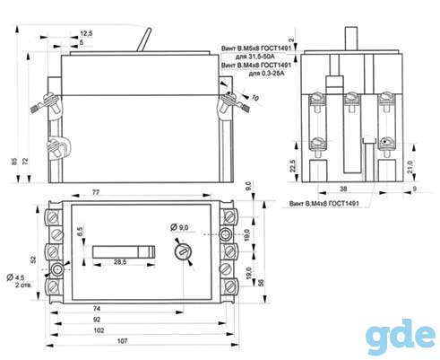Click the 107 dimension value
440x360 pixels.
click(123, 340)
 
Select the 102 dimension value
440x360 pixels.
click(99, 330)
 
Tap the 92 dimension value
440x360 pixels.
click(97, 320)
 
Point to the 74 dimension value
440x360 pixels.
click(97, 309)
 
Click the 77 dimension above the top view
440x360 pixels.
click(96, 192)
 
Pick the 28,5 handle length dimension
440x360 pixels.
click(120, 262)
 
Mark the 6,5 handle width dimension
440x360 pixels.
click(80, 232)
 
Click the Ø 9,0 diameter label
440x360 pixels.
click(179, 227)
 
